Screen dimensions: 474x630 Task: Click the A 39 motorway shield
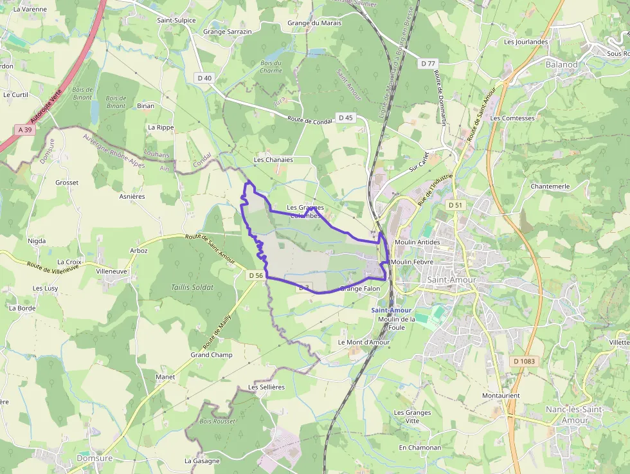(x=25, y=129)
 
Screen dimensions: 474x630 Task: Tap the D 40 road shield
(x=204, y=78)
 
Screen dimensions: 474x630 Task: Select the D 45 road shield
(x=345, y=117)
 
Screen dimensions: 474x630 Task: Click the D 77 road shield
(x=428, y=63)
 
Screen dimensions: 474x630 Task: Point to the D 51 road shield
(x=455, y=205)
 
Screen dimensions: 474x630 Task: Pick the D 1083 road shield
(x=524, y=361)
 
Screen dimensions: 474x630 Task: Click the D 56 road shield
(x=255, y=275)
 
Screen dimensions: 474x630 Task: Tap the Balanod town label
(x=562, y=64)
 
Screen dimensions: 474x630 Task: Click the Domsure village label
(x=94, y=459)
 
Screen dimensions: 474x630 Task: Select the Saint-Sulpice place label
(x=176, y=20)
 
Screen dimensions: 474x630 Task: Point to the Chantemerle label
(x=550, y=187)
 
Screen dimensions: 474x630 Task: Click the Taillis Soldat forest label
(x=192, y=287)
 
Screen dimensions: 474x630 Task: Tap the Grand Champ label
(x=212, y=355)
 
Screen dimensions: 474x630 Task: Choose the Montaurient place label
(x=501, y=395)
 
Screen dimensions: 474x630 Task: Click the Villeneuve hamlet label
(x=112, y=271)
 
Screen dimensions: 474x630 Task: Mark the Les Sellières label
(x=266, y=387)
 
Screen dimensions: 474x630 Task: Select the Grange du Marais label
(x=314, y=23)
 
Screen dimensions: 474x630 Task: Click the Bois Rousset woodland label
(x=217, y=421)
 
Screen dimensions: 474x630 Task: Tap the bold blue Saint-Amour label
(x=392, y=311)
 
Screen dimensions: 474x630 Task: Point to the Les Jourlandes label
(x=526, y=42)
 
